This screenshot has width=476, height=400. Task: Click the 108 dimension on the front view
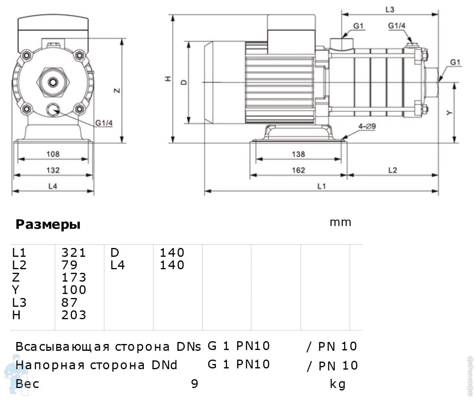click(53, 154)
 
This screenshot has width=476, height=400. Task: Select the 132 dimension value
click(53, 170)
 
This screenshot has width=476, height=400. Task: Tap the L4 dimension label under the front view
click(53, 186)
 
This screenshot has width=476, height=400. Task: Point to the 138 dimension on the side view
click(298, 154)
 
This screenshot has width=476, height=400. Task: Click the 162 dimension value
click(298, 170)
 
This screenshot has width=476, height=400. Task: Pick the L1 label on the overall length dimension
click(321, 186)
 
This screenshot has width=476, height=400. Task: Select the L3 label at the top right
click(390, 10)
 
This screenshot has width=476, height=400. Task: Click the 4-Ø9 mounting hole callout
click(367, 126)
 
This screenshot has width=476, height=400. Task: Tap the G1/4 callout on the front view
click(104, 123)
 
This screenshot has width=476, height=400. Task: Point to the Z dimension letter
click(117, 90)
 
